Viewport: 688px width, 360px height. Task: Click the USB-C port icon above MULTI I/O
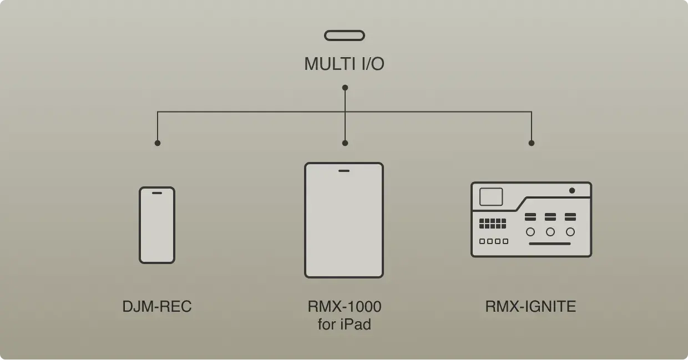coord(345,36)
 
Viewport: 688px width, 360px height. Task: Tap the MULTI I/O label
coord(344,64)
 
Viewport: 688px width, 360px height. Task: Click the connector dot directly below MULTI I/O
coord(345,88)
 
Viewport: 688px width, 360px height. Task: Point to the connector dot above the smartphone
coord(158,143)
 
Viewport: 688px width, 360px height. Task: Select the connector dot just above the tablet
coord(345,143)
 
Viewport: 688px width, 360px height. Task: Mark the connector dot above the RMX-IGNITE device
coord(532,143)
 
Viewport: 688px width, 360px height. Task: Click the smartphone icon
coord(157,225)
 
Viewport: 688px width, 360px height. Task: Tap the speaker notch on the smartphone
coord(157,193)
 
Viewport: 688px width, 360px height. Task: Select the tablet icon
coord(344,220)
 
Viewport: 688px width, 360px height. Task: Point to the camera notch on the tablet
coord(344,170)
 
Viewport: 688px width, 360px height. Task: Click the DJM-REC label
coord(157,306)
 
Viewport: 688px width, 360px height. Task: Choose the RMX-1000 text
coord(345,306)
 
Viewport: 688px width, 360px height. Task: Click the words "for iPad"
coord(345,324)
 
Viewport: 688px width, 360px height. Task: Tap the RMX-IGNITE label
coord(530,306)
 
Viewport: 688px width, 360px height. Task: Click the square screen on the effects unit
coord(491,197)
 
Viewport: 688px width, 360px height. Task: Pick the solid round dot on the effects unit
coord(572,191)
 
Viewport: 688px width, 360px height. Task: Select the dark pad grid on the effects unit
coord(493,224)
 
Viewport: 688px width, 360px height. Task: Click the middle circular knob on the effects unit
coord(550,232)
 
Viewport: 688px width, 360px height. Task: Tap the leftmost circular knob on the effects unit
coord(530,232)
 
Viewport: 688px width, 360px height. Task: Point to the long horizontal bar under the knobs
coord(549,244)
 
